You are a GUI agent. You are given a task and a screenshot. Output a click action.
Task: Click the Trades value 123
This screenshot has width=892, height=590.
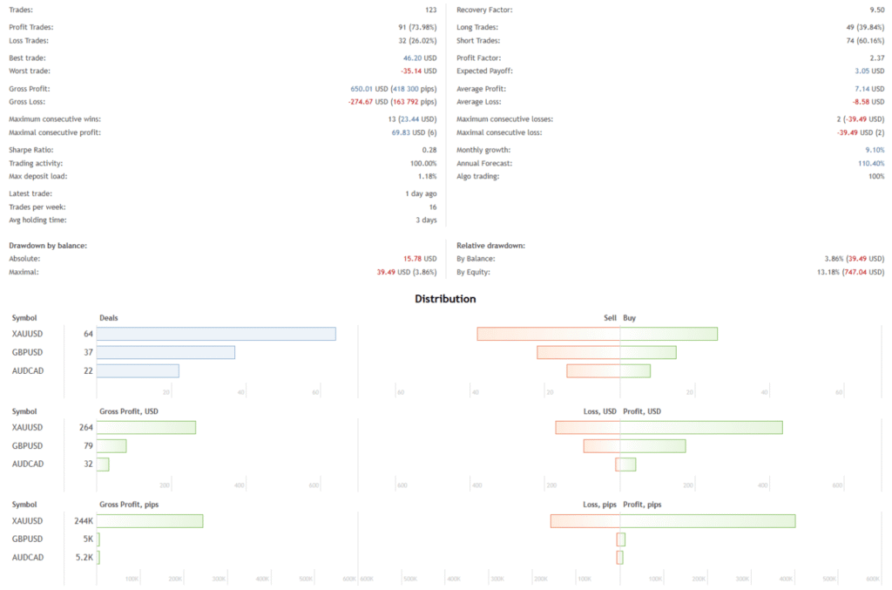click(x=430, y=10)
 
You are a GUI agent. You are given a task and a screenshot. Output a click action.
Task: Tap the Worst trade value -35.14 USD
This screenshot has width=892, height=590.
click(x=418, y=71)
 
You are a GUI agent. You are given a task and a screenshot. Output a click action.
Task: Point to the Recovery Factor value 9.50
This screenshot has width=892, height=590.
click(x=875, y=10)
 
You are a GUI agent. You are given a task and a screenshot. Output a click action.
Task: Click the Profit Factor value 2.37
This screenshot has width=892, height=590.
click(x=875, y=58)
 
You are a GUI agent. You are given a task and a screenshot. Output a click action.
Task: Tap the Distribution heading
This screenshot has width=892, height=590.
click(x=445, y=299)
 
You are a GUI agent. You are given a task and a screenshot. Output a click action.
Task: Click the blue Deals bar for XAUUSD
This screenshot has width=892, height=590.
click(x=215, y=334)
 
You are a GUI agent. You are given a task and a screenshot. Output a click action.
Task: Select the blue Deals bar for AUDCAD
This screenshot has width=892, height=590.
click(x=138, y=370)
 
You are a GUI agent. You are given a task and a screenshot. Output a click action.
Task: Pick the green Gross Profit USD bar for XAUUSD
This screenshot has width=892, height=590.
click(x=145, y=427)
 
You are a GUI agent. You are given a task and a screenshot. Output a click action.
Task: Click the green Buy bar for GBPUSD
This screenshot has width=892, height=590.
click(x=648, y=352)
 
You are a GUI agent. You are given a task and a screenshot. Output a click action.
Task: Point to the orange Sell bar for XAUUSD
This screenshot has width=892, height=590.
click(x=549, y=334)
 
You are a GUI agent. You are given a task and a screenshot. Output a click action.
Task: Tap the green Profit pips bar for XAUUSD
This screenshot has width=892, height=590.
click(x=707, y=520)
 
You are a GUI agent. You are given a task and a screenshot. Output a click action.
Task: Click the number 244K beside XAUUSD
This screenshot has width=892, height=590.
click(x=84, y=520)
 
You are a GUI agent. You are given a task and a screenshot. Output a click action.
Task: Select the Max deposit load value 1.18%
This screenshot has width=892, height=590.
click(x=425, y=176)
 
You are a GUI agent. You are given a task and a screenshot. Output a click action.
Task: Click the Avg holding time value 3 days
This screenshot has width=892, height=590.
click(x=424, y=220)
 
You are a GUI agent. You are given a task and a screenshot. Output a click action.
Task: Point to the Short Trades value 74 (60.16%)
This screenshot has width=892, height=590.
click(x=858, y=40)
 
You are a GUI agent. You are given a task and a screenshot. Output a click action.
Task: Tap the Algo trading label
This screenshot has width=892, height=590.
click(x=477, y=176)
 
